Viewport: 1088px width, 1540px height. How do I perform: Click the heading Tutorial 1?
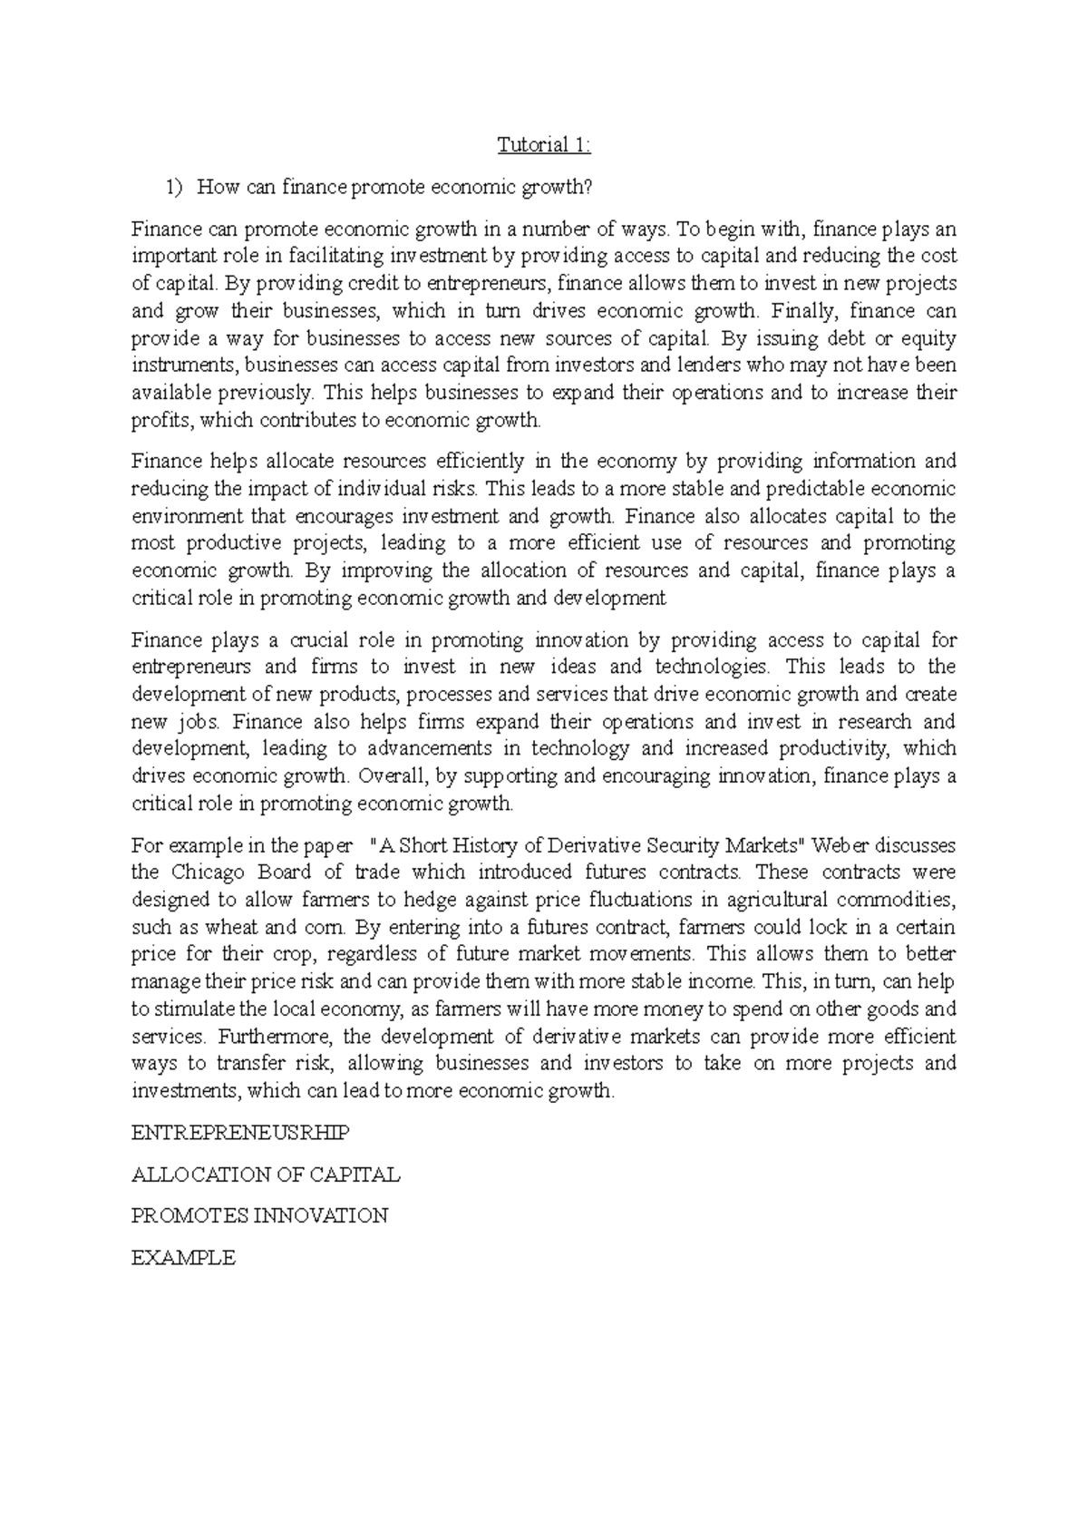click(543, 145)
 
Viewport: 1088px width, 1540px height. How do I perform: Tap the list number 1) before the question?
click(172, 188)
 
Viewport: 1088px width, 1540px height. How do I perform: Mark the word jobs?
click(200, 722)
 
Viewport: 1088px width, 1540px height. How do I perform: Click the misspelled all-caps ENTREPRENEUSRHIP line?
click(240, 1133)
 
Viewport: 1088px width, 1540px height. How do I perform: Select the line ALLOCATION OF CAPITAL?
click(266, 1174)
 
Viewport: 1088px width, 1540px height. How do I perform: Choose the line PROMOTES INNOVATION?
click(259, 1215)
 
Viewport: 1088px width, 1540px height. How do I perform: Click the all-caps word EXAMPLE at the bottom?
click(183, 1257)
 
